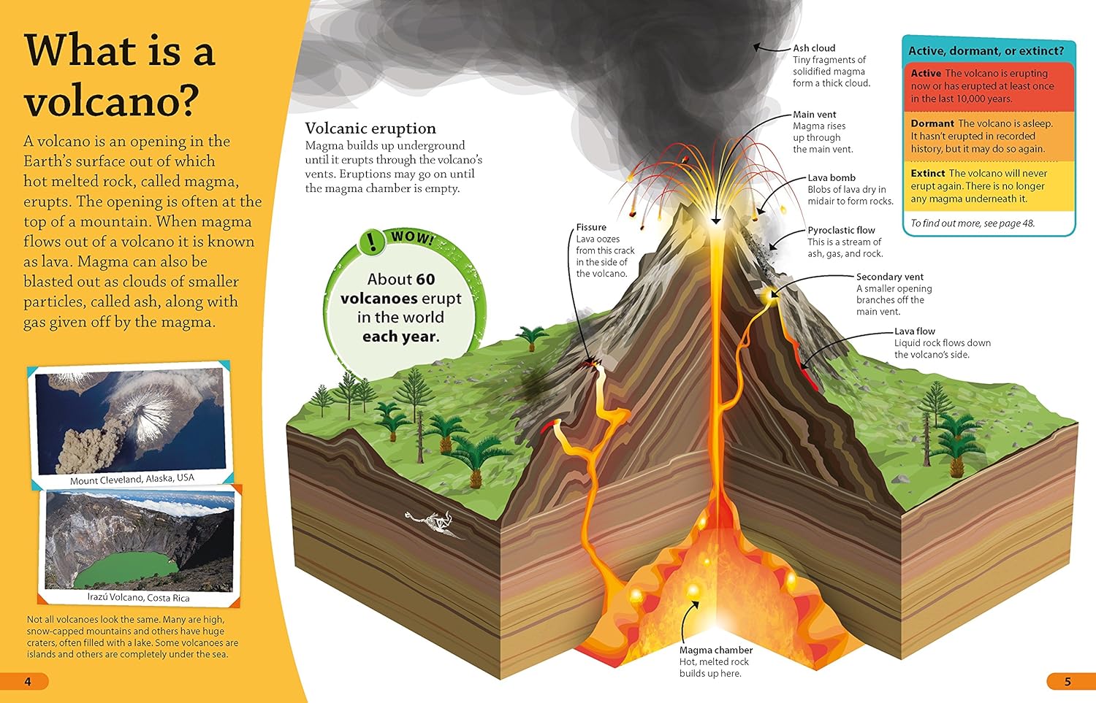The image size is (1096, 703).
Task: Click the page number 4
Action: pos(28,682)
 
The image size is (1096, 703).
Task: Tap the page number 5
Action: pos(1068,682)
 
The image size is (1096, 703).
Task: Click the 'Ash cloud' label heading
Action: pos(814,48)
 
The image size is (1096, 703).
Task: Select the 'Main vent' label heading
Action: pos(815,115)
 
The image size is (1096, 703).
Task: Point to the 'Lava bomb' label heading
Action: pos(831,178)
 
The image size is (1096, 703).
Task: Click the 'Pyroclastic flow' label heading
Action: pos(841,230)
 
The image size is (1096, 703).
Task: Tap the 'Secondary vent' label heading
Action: pos(890,277)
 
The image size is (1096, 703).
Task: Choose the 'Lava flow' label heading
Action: pos(915,331)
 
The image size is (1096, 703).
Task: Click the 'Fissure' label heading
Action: pos(591,227)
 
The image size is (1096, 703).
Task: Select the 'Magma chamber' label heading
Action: pos(716,650)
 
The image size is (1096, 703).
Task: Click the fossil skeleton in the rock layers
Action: pos(433,523)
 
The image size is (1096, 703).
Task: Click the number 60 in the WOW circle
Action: pos(425,279)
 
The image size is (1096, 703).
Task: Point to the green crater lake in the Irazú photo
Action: pos(126,569)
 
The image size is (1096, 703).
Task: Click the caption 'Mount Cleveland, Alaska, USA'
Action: pos(132,479)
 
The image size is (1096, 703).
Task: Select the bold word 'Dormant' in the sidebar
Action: pos(932,123)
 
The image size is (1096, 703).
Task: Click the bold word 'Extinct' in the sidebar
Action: pos(928,174)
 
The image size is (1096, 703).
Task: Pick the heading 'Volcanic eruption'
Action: pos(370,128)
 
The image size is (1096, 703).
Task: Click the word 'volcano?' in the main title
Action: pos(112,99)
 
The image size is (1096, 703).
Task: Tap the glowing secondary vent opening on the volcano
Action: pos(771,293)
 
